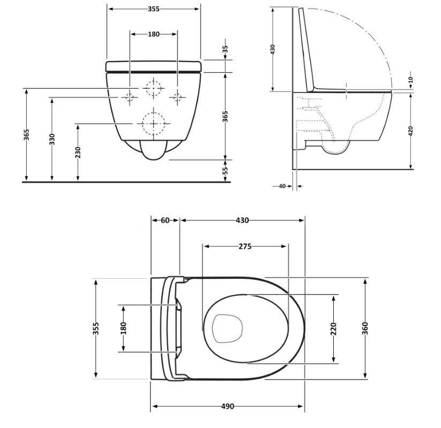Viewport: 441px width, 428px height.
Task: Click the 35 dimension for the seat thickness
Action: (225, 49)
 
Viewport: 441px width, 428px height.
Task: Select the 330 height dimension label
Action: (52, 140)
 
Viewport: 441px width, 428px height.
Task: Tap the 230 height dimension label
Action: (78, 152)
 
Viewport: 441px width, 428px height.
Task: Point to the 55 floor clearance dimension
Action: (225, 171)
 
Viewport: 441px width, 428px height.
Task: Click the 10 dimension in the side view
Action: (410, 80)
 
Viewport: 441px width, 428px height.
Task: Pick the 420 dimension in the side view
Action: (410, 131)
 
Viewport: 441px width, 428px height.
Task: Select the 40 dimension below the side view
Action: (282, 186)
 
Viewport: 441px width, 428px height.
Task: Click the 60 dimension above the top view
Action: (166, 220)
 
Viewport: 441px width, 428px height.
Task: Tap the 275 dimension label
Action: (245, 247)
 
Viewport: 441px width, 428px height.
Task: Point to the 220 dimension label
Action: (333, 329)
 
